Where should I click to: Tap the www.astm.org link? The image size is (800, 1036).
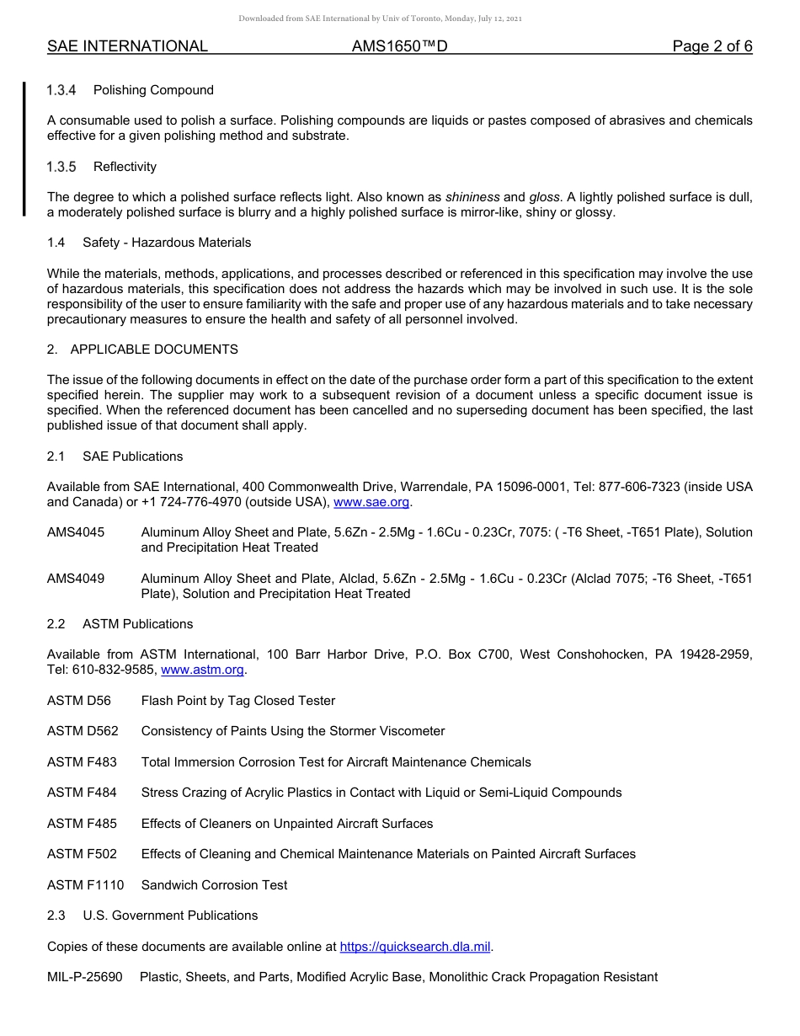(x=202, y=670)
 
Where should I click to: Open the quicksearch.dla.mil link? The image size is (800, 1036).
(x=415, y=947)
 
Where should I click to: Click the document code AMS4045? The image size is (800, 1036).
(x=76, y=532)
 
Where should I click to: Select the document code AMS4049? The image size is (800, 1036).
(x=76, y=579)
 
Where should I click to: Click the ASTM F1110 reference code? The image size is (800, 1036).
(x=85, y=885)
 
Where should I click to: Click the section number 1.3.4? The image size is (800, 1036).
(x=61, y=90)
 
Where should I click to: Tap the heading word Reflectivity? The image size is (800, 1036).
(x=125, y=167)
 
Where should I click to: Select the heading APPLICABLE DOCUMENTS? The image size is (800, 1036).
(x=154, y=350)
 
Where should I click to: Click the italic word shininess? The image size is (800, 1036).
(x=472, y=197)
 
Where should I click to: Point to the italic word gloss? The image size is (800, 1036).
(x=544, y=197)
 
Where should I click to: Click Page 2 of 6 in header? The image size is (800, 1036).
(x=712, y=46)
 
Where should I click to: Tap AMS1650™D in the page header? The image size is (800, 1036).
(x=399, y=46)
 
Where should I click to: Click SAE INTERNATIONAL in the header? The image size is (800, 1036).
(x=127, y=46)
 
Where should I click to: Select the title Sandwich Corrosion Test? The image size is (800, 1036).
(x=214, y=885)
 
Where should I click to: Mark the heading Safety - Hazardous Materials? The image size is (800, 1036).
(x=167, y=243)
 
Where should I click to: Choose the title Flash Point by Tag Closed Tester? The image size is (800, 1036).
(x=238, y=701)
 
